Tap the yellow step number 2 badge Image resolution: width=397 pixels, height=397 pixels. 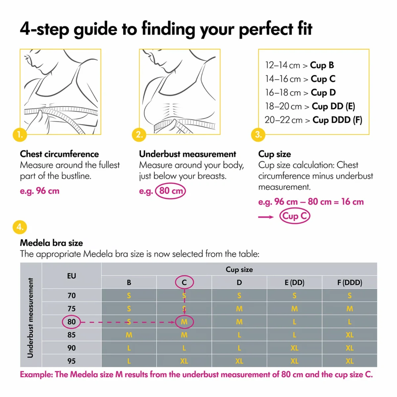(x=139, y=135)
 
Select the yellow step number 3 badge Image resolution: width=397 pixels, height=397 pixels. (x=258, y=135)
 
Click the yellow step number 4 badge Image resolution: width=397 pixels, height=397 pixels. (x=20, y=227)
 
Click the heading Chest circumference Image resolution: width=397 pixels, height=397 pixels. (x=59, y=154)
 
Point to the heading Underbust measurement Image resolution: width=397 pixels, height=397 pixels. (x=188, y=154)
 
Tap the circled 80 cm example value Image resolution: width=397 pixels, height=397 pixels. (x=171, y=191)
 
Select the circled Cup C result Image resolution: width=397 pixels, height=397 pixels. (x=294, y=216)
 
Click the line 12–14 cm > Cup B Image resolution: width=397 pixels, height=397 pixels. (x=299, y=65)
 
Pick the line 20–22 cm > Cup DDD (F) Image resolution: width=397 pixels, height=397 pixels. (x=313, y=120)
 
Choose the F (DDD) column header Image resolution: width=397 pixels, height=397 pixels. (x=349, y=283)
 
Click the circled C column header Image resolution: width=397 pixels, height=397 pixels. (x=184, y=283)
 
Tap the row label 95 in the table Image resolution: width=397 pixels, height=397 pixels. (x=71, y=361)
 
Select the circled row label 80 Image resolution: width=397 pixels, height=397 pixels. (x=71, y=322)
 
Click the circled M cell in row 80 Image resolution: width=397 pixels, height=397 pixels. (x=184, y=322)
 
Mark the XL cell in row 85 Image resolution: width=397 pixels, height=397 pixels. (x=349, y=335)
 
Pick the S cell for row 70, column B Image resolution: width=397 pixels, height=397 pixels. (x=129, y=295)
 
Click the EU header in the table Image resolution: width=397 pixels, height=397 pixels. (x=71, y=276)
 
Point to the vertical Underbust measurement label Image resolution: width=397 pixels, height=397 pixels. (x=30, y=318)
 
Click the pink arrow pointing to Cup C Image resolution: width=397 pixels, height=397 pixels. (x=266, y=217)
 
